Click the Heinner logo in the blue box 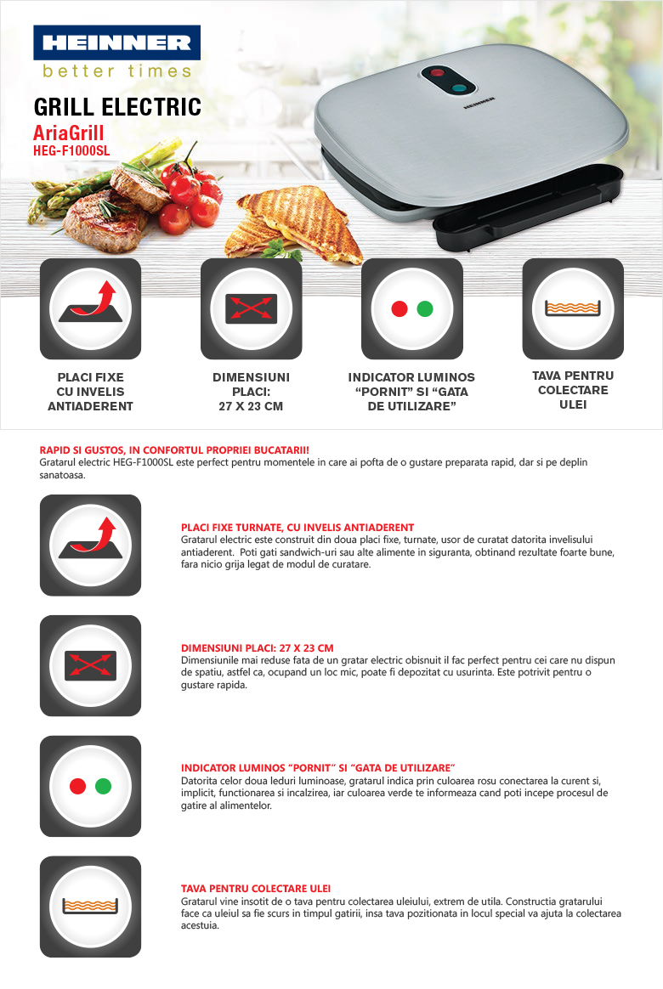coord(116,42)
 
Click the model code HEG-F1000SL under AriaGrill coord(71,150)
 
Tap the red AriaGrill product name coord(68,133)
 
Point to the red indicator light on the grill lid coord(437,73)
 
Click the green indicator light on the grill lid coord(459,88)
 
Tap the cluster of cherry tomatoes coord(190,196)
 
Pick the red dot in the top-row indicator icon coord(399,309)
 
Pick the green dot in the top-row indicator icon coord(425,309)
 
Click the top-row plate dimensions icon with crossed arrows coord(251,308)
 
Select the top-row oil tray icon coord(573,308)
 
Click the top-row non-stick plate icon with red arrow coord(90,308)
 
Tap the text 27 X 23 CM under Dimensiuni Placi coord(251,406)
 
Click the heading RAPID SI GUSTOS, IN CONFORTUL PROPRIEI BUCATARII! coord(174,450)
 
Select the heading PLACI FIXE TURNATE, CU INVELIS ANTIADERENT coord(297,528)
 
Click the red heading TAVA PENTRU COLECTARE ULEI coord(256,889)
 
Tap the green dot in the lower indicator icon coord(104,787)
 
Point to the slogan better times coord(116,71)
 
